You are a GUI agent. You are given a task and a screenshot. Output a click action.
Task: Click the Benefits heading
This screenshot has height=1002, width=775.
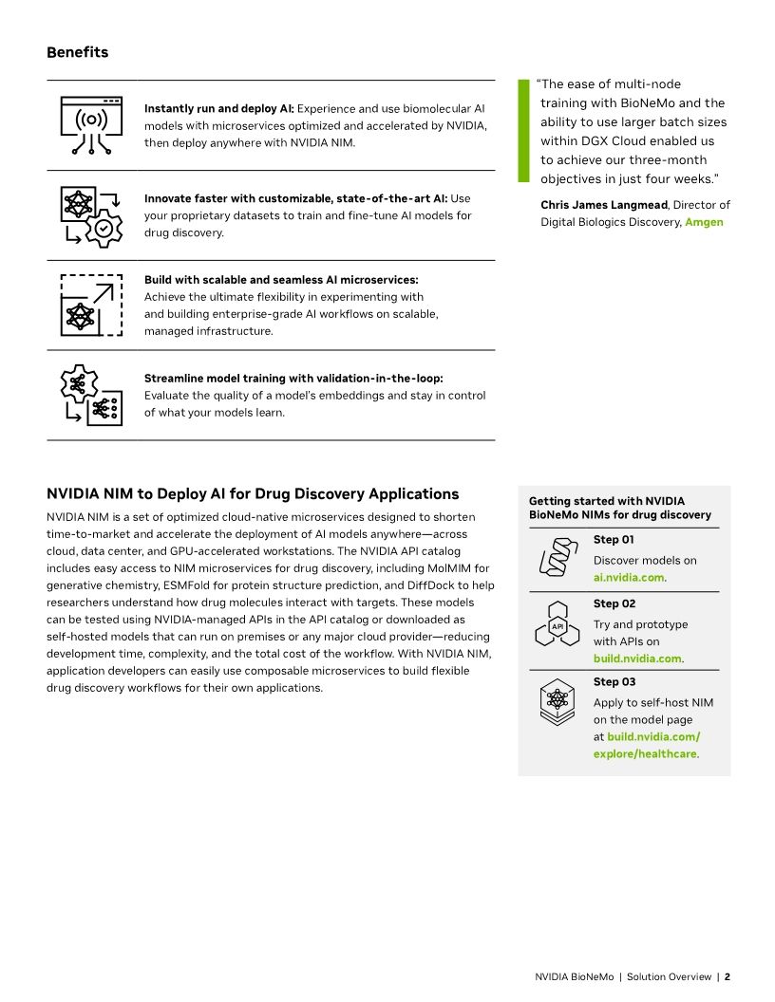coord(77,52)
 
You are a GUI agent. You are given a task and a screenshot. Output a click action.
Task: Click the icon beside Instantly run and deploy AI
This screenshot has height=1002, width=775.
coord(91,125)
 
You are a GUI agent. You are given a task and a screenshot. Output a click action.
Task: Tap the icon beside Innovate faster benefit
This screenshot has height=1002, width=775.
coord(91,215)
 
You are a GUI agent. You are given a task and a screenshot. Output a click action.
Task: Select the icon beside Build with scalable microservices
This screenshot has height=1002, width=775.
coord(91,305)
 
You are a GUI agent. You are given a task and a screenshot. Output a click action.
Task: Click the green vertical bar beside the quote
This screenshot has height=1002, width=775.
coord(521,131)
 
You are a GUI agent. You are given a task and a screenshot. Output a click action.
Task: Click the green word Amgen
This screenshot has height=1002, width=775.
coord(704,222)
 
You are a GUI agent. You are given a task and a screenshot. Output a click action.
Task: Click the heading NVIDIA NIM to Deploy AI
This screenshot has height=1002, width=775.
coord(253,494)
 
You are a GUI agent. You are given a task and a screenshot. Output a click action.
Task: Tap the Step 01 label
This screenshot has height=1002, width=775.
coord(614,540)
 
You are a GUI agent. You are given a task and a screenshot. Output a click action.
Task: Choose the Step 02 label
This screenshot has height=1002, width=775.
coord(614,603)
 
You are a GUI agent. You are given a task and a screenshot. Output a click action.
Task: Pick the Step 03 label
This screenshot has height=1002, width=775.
coord(614,681)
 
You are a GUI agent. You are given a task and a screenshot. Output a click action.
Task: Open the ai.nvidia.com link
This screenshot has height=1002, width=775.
coord(628,577)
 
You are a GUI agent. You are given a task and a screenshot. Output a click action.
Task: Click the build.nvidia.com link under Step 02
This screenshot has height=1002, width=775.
coord(637,659)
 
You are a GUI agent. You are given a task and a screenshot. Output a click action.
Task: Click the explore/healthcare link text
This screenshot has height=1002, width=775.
coord(645,753)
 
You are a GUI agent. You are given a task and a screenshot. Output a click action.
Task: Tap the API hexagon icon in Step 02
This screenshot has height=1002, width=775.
coord(558,627)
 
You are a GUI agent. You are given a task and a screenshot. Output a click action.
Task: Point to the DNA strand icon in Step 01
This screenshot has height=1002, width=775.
coord(558,556)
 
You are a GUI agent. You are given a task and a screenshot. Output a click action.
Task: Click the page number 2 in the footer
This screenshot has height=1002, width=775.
coord(727,976)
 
